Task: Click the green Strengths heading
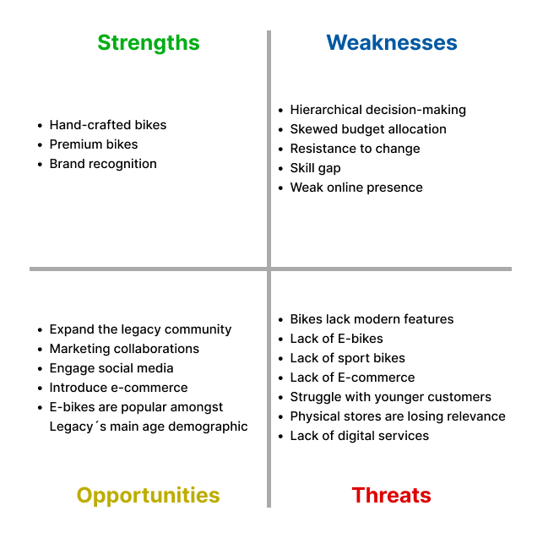click(149, 43)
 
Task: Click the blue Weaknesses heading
click(392, 43)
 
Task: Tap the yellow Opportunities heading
click(149, 495)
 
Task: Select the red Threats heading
click(392, 495)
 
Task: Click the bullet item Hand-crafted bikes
click(108, 125)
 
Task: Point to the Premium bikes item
click(94, 144)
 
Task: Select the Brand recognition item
click(103, 164)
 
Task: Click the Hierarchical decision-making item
click(377, 110)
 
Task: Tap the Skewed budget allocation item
click(368, 129)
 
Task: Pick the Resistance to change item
click(355, 149)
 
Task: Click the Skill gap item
click(315, 168)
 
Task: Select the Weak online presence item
click(356, 187)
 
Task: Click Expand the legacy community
click(140, 329)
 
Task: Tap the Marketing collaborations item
click(124, 349)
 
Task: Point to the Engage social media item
click(111, 368)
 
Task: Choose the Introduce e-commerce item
click(118, 388)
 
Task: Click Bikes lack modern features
click(372, 319)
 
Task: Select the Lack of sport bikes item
click(347, 358)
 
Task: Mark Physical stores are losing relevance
click(398, 416)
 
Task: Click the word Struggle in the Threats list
click(315, 397)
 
